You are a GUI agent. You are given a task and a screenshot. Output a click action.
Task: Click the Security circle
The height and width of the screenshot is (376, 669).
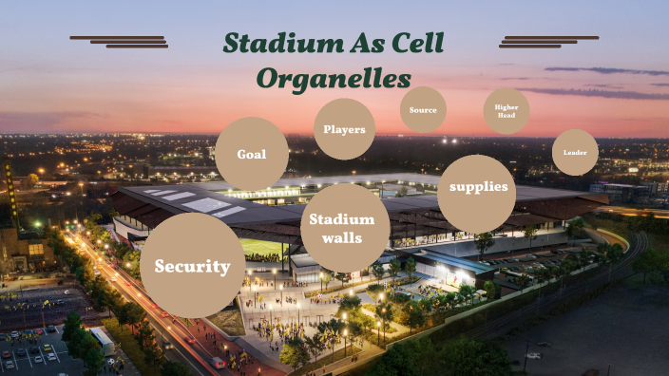[x=192, y=266]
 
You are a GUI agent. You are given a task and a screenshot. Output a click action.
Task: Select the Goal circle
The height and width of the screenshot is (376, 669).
[x=251, y=154]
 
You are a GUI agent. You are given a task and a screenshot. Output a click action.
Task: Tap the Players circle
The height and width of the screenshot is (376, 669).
[x=344, y=129]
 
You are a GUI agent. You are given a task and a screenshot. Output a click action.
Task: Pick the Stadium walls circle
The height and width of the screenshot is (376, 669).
[x=337, y=228]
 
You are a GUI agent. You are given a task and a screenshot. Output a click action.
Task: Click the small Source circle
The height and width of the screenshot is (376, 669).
[x=423, y=110]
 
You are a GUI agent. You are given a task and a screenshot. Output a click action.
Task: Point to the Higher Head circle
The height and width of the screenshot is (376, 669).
[x=507, y=111]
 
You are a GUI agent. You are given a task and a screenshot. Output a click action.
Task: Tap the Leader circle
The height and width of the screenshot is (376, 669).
[x=575, y=152]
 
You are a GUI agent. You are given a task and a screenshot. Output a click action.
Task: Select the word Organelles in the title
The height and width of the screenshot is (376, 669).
[x=334, y=78]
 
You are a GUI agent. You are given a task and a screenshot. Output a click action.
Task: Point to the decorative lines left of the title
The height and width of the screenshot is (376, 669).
[x=120, y=41]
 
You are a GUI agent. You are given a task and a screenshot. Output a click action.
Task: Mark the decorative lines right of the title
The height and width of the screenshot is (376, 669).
[x=548, y=41]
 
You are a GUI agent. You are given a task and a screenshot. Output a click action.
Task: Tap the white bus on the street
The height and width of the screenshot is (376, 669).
[x=102, y=339]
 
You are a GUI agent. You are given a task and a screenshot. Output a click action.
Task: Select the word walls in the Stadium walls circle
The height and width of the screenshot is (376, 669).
[x=337, y=237]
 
